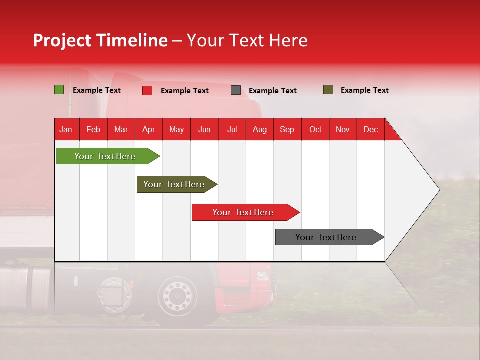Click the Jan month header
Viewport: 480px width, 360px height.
click(66, 129)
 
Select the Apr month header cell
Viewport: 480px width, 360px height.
click(149, 129)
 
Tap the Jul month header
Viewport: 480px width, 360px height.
click(232, 129)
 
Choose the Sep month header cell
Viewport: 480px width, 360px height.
click(287, 129)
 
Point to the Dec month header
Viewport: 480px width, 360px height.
click(370, 129)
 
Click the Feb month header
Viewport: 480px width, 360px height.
click(93, 129)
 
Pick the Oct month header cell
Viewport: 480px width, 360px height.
click(315, 129)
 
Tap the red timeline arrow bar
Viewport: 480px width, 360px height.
click(243, 212)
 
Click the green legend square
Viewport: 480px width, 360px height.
click(59, 90)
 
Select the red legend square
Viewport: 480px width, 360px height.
click(147, 90)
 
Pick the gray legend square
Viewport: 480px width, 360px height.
click(236, 90)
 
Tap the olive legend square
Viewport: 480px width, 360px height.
click(328, 90)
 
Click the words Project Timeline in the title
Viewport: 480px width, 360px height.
click(100, 40)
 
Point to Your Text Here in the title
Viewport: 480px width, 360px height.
click(247, 40)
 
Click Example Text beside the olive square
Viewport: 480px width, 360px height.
click(364, 90)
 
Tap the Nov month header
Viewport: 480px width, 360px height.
click(343, 129)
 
